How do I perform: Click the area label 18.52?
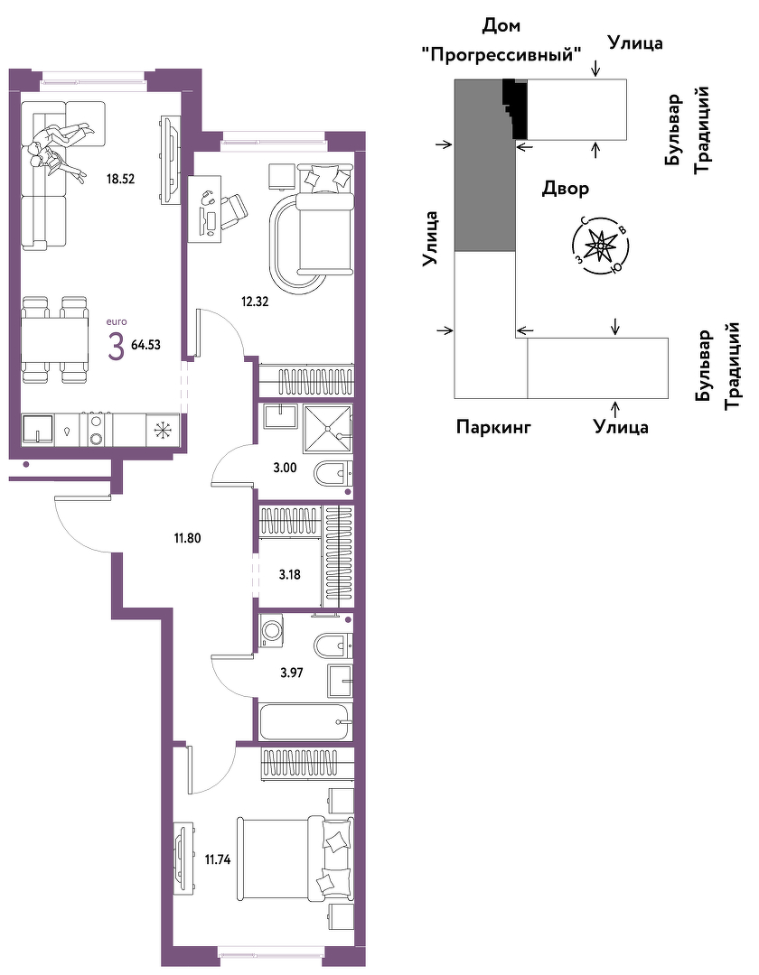point(121,179)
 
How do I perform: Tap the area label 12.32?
point(255,302)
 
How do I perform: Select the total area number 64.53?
point(145,345)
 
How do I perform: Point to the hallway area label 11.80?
point(187,538)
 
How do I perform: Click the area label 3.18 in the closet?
point(290,574)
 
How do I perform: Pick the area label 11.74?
point(218,860)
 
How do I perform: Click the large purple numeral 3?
point(116,346)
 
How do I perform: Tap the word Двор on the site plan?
point(565,188)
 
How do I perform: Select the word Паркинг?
point(493,427)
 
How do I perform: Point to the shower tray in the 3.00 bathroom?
point(327,429)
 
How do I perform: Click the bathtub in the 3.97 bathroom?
point(305,722)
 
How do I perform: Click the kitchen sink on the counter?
point(38,430)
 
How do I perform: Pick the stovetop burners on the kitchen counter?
point(97,430)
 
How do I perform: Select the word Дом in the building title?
point(501,26)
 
